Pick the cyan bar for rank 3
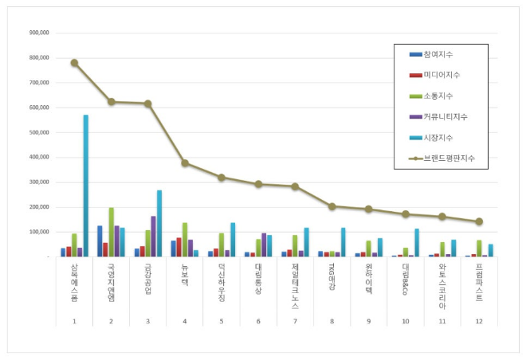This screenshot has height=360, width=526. (x=159, y=224)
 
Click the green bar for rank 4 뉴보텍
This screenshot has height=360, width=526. (x=184, y=240)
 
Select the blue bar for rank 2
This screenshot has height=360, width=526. (x=100, y=241)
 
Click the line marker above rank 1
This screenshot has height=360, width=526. (x=74, y=63)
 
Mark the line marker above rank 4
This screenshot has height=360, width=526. (x=185, y=163)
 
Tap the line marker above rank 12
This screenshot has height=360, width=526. (x=479, y=221)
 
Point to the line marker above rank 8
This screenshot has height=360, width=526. (x=332, y=206)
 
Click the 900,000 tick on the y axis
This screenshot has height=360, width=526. (x=39, y=33)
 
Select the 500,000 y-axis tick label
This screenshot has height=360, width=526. (x=39, y=133)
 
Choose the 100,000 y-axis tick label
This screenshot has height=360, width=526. (x=39, y=233)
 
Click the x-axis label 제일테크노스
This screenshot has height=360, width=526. (x=295, y=285)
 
